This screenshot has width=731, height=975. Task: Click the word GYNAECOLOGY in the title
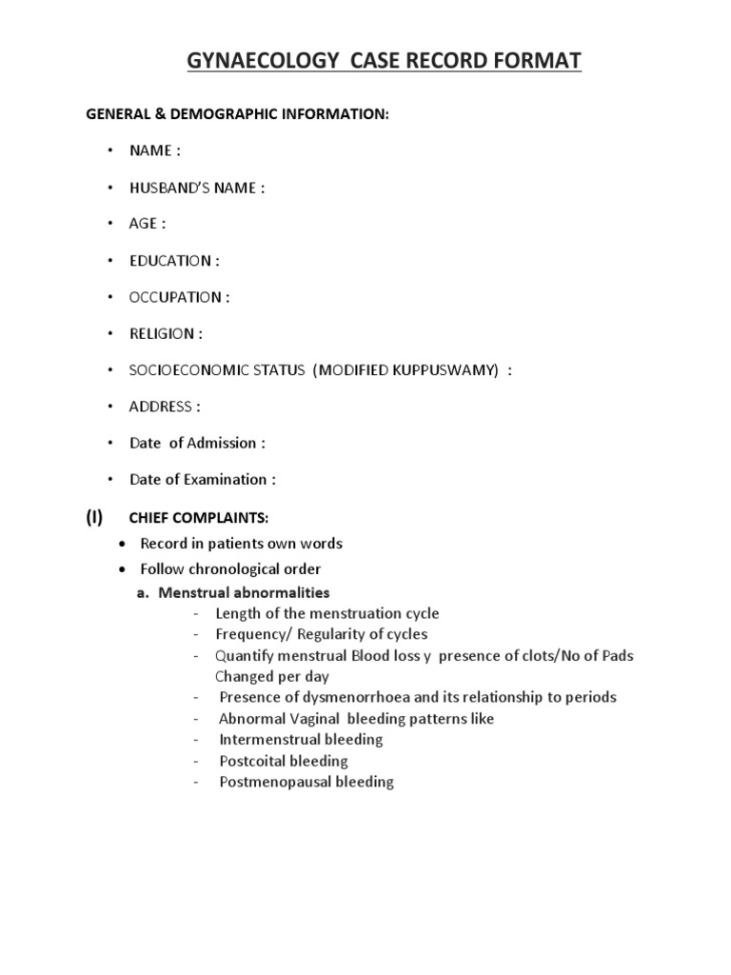(240, 63)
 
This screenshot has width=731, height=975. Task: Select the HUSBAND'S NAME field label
(197, 189)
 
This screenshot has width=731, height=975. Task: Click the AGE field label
(148, 225)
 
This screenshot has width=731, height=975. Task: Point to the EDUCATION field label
(175, 261)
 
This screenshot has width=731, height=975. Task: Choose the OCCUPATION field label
(180, 297)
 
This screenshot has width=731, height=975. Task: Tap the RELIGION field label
(167, 334)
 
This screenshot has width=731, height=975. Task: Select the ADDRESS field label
(165, 407)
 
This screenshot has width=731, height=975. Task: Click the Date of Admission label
(198, 443)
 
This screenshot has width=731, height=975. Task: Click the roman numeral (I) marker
(94, 517)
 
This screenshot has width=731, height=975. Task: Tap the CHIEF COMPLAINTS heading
(199, 518)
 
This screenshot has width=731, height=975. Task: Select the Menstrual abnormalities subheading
(244, 592)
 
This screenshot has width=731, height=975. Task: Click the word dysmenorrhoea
(368, 697)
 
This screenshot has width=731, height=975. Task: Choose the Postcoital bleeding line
(284, 761)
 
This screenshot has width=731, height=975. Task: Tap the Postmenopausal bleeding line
(306, 782)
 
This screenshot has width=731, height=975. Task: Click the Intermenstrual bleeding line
(301, 739)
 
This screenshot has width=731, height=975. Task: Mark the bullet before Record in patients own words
(121, 545)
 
